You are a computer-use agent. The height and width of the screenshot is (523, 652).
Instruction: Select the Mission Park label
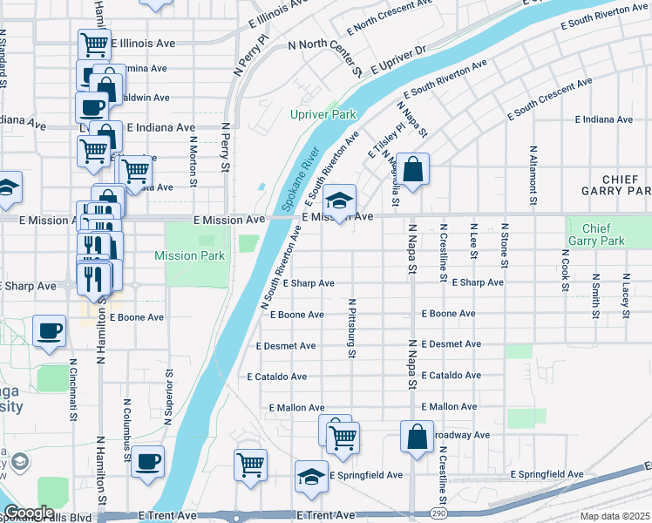[x=189, y=255]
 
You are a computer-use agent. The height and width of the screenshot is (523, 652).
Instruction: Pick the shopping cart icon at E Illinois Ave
[x=94, y=44]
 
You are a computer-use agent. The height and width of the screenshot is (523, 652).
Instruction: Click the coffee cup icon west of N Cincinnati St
[x=49, y=331]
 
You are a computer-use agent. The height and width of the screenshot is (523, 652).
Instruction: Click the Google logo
[x=28, y=513]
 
